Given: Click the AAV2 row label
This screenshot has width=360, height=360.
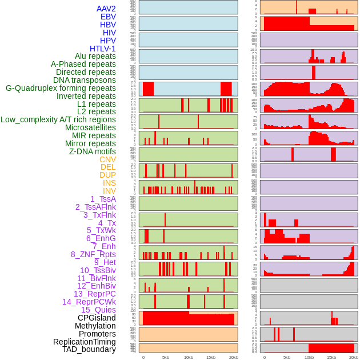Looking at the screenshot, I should click(x=106, y=9).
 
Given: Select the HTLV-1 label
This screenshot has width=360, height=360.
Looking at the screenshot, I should click(x=102, y=49).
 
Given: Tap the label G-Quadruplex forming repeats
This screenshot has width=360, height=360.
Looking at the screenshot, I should click(x=61, y=88).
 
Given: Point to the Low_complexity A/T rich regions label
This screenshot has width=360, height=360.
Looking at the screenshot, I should click(x=58, y=119).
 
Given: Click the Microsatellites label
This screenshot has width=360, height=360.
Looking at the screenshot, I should click(x=90, y=127).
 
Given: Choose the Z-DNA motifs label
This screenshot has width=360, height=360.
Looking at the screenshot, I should click(x=92, y=151).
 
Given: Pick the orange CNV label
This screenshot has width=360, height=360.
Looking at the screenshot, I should click(x=107, y=159).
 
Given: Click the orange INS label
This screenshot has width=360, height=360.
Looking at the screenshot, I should click(x=109, y=183).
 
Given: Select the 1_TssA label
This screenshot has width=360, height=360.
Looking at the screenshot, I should click(x=103, y=199).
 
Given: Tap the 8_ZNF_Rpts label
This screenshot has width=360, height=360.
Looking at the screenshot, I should click(x=93, y=254).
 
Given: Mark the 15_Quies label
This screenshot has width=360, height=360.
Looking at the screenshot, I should click(x=98, y=310).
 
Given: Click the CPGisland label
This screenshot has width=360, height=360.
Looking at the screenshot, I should click(x=97, y=318).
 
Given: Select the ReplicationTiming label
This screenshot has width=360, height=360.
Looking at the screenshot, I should click(x=84, y=342).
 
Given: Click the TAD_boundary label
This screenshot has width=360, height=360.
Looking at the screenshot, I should click(x=89, y=349).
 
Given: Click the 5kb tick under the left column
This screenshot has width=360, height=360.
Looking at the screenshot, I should click(x=166, y=357).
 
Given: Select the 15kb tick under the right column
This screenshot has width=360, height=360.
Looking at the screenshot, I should click(x=331, y=357).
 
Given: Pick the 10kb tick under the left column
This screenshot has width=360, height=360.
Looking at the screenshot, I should click(x=188, y=357).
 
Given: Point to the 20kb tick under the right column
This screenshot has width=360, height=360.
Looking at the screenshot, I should click(x=354, y=357).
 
